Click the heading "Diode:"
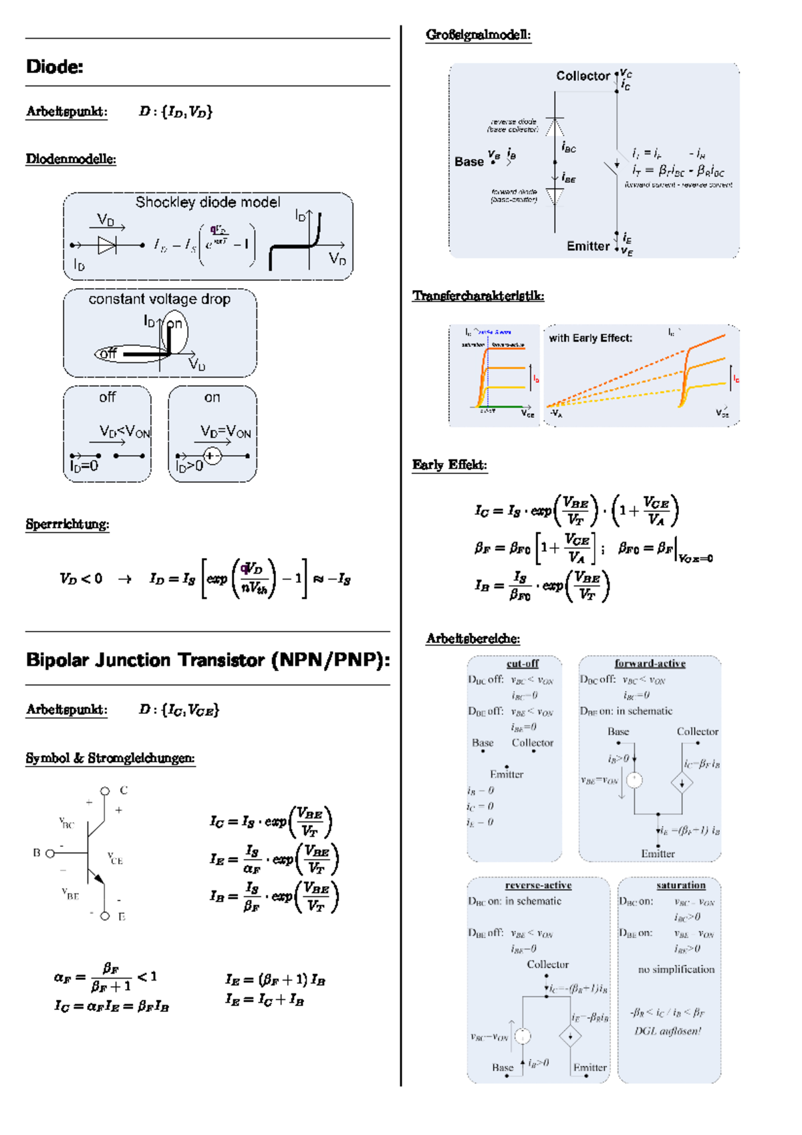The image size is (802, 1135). [54, 66]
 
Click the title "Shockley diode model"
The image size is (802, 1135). [207, 202]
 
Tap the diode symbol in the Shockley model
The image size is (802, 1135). [107, 245]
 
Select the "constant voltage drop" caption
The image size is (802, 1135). [159, 299]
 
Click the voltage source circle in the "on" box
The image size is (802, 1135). [211, 456]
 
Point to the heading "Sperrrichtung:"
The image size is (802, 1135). [67, 524]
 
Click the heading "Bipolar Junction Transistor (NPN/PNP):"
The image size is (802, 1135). [207, 660]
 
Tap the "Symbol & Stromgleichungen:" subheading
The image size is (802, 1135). [110, 758]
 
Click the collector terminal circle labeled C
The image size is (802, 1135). [105, 791]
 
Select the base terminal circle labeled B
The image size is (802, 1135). [49, 853]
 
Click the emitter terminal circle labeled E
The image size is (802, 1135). [105, 916]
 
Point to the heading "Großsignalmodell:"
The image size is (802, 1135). [478, 35]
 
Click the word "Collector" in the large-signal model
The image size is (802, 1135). [583, 76]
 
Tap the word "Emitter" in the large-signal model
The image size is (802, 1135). [588, 246]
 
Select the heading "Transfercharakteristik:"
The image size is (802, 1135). [478, 295]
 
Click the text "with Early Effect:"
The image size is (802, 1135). [590, 338]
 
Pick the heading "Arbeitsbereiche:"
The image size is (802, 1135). [473, 638]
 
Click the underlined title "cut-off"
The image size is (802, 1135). [523, 664]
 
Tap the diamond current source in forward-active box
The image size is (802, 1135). [682, 783]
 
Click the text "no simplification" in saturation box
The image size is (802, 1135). [676, 969]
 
